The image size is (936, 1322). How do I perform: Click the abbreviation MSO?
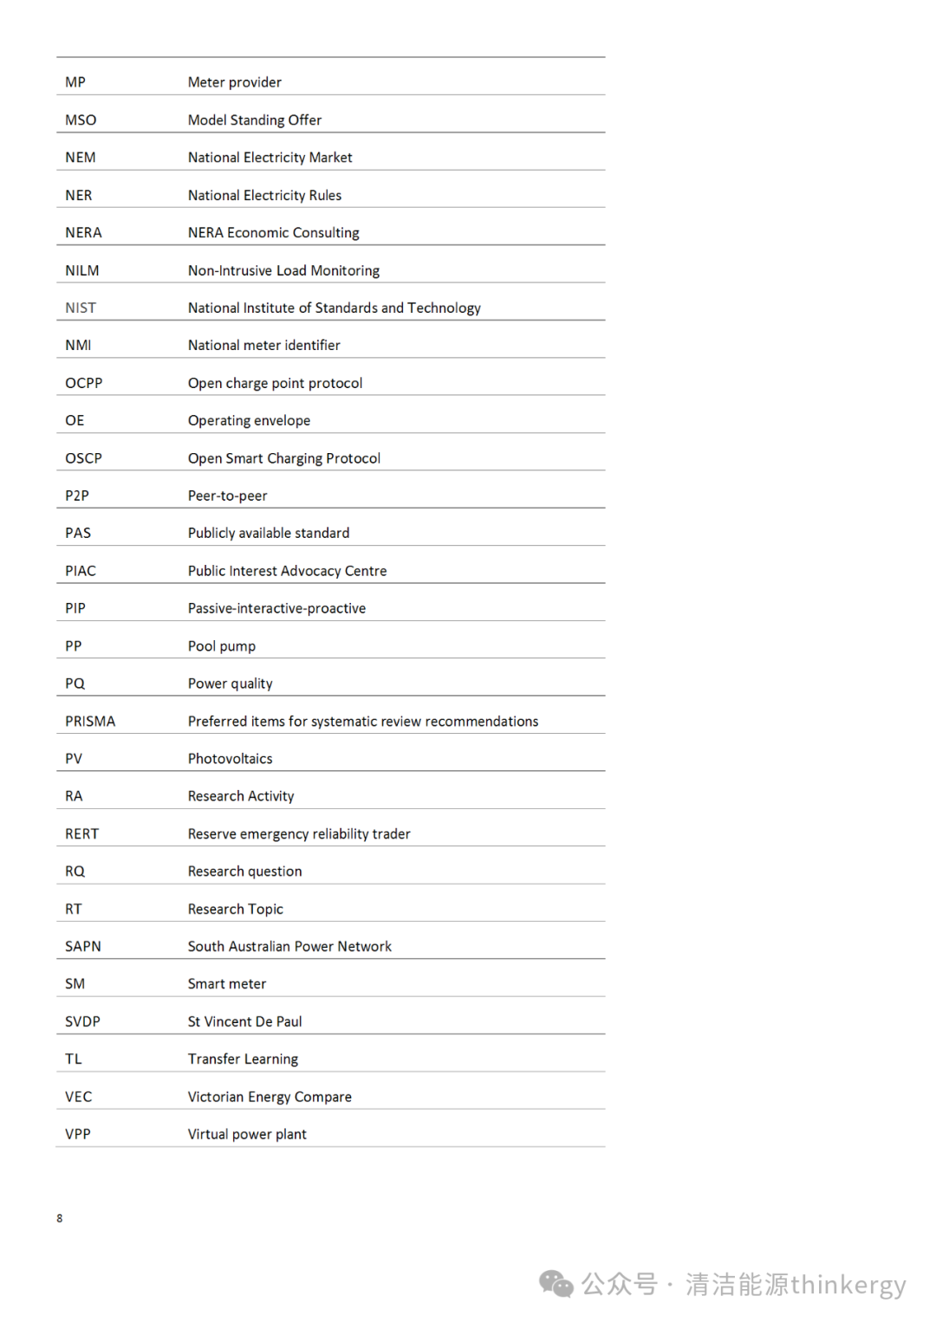(81, 120)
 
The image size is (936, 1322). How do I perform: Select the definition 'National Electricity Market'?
(270, 158)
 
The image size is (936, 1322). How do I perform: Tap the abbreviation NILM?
(81, 271)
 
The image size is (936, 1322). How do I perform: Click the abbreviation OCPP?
(83, 384)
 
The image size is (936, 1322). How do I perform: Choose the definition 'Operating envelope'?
(249, 421)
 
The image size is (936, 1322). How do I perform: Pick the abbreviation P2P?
(76, 496)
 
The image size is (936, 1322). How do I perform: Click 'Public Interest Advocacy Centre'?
(287, 572)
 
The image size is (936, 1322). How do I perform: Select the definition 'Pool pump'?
(221, 646)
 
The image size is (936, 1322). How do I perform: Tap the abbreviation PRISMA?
(89, 722)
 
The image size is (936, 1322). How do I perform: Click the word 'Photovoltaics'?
(230, 759)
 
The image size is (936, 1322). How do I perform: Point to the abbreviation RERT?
(81, 834)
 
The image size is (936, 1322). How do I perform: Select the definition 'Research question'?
(244, 872)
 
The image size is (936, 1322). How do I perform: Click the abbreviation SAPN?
(82, 947)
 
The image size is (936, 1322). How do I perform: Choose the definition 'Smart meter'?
(226, 984)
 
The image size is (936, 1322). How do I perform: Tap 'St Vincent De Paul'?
(244, 1022)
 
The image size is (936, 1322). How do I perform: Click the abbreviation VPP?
(77, 1135)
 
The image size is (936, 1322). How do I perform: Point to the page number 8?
(60, 1219)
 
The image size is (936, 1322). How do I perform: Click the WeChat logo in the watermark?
(556, 1284)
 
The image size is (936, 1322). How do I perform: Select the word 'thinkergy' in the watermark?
(848, 1285)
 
